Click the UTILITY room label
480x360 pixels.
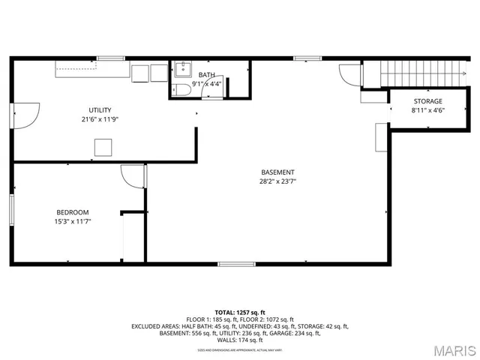[x=100, y=110]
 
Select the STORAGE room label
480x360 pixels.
[x=427, y=101]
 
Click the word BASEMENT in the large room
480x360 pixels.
[x=277, y=172]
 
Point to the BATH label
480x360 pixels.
[x=206, y=75]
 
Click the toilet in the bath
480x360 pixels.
[x=181, y=91]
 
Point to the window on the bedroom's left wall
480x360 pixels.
[x=12, y=209]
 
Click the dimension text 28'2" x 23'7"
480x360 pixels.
[x=277, y=181]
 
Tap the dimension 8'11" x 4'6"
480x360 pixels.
[x=427, y=110]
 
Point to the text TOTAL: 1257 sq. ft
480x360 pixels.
[x=240, y=312]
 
